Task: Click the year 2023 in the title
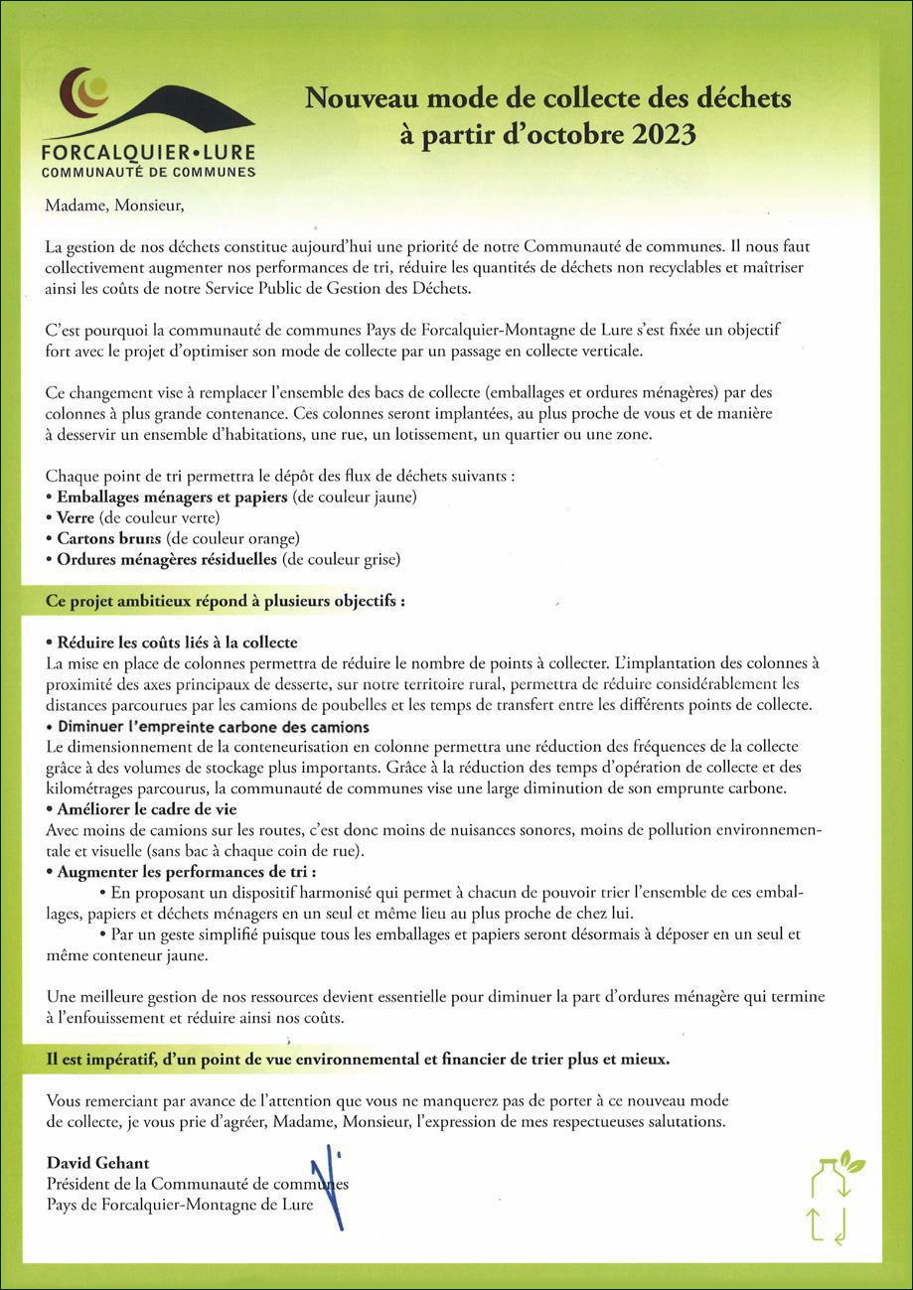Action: tap(660, 134)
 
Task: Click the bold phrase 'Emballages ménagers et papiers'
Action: tap(172, 497)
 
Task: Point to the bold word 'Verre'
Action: tap(76, 517)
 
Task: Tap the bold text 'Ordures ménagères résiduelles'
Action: tap(166, 559)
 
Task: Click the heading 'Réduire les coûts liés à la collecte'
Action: tap(177, 643)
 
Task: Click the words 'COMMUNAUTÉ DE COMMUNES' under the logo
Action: tap(148, 172)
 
